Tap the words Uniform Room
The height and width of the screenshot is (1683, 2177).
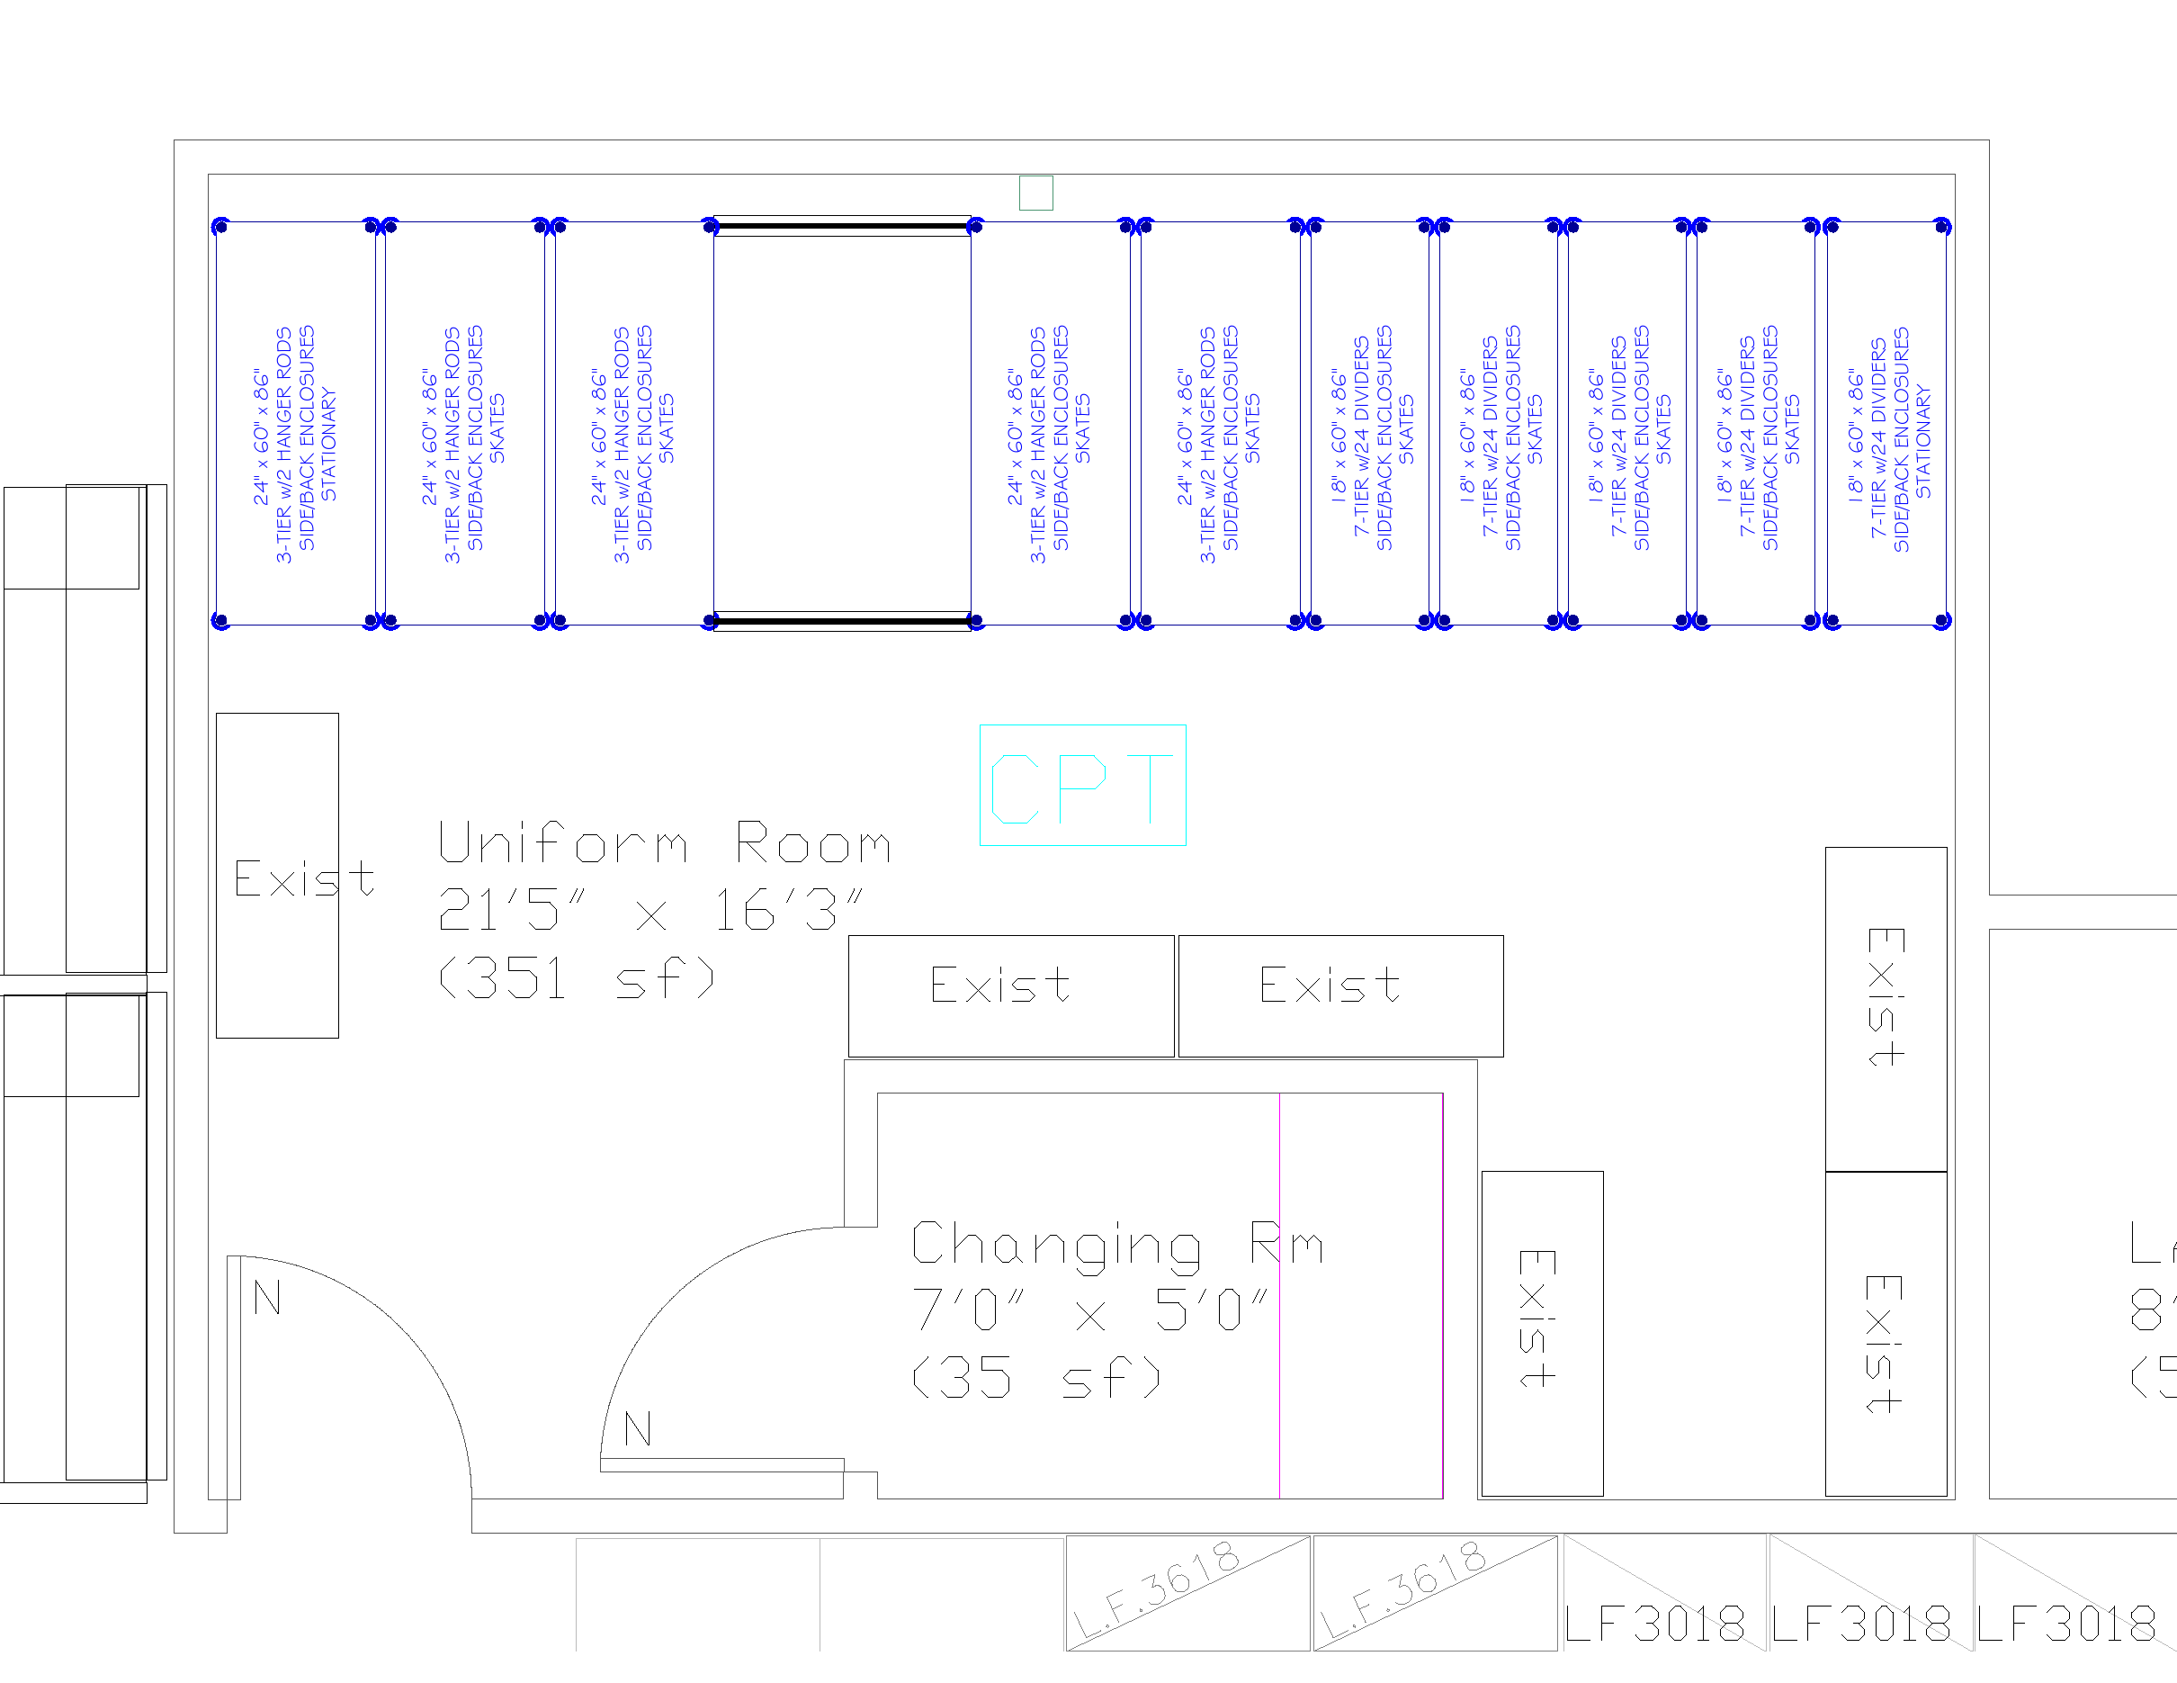coord(664,843)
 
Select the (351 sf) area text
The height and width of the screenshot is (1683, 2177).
coord(578,978)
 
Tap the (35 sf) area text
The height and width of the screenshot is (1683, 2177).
coord(1036,1379)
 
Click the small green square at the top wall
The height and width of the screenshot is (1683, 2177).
coord(1035,193)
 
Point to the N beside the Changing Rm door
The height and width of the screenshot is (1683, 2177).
coord(638,1429)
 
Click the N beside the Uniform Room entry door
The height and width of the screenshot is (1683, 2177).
coord(267,1297)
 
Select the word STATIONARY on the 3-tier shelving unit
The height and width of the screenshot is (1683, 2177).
coord(330,445)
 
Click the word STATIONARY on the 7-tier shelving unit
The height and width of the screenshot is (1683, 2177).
coord(1924,443)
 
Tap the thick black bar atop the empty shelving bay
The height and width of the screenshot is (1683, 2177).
coord(842,228)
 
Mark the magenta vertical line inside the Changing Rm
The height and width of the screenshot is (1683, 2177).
coord(1280,1296)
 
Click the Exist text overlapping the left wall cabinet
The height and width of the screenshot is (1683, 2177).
coord(304,878)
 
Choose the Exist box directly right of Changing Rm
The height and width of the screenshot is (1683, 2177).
coord(1541,1332)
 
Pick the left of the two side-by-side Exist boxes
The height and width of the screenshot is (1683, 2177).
coord(1011,995)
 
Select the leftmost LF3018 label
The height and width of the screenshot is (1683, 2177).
coord(1654,1625)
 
